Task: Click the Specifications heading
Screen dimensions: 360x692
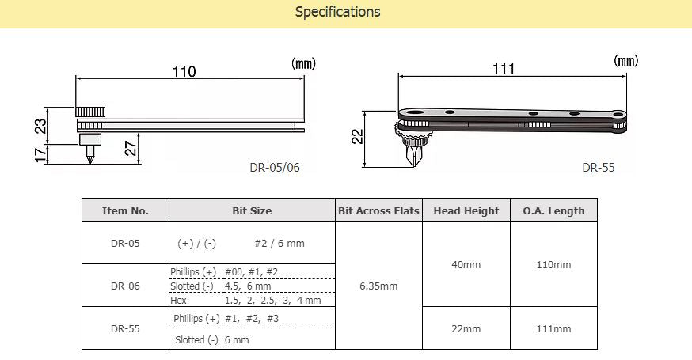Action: coord(337,12)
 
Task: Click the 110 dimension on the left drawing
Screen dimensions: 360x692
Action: coord(184,72)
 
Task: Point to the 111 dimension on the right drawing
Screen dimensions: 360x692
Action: coord(504,69)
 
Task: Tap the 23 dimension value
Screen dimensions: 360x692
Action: coord(41,123)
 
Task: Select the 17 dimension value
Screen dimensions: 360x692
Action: coord(41,153)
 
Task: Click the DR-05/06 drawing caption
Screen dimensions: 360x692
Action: coord(274,167)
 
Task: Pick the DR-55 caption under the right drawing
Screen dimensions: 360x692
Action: coord(598,167)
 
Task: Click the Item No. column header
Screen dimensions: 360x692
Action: coord(125,210)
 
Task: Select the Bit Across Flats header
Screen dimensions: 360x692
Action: coord(378,210)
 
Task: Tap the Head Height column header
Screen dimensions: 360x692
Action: coord(466,210)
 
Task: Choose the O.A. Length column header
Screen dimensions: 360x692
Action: coord(553,210)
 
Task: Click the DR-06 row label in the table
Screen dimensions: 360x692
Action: coord(125,286)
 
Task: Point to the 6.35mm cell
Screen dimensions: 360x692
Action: coord(378,286)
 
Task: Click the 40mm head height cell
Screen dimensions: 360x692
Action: coord(466,264)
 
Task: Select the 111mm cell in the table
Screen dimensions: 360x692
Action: coord(553,328)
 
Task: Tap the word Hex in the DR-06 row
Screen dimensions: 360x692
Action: coord(177,300)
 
